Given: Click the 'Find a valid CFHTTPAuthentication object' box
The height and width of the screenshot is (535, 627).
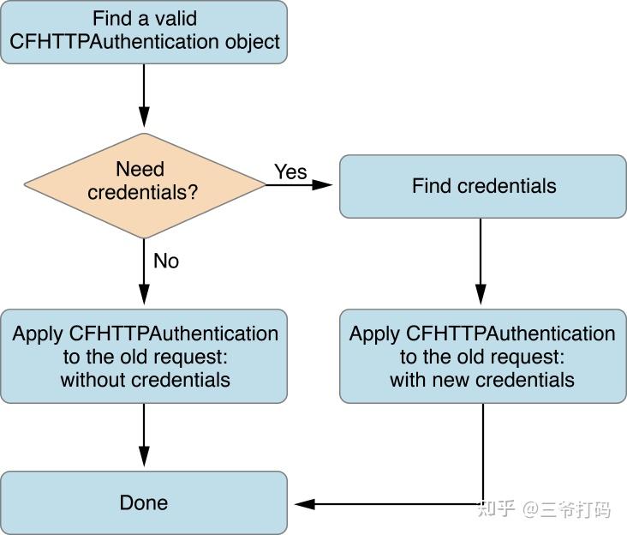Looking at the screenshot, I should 144,32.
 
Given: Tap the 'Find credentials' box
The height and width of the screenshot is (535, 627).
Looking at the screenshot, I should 483,186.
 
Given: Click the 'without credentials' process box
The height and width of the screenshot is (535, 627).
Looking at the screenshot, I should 144,356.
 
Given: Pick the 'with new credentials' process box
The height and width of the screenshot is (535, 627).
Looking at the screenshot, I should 483,356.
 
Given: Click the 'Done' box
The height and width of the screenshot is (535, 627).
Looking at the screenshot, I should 144,502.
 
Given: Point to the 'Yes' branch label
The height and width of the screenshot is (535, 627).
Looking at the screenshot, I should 290,171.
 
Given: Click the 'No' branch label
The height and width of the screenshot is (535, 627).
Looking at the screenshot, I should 166,261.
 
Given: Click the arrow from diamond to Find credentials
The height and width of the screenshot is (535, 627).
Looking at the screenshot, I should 300,184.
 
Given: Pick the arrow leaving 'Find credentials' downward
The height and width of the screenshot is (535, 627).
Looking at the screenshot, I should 481,261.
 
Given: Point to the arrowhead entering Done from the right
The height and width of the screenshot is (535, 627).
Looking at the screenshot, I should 302,504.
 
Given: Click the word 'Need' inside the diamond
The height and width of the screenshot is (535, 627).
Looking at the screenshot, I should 140,169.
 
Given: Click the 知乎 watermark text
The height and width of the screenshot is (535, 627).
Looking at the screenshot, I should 497,508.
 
